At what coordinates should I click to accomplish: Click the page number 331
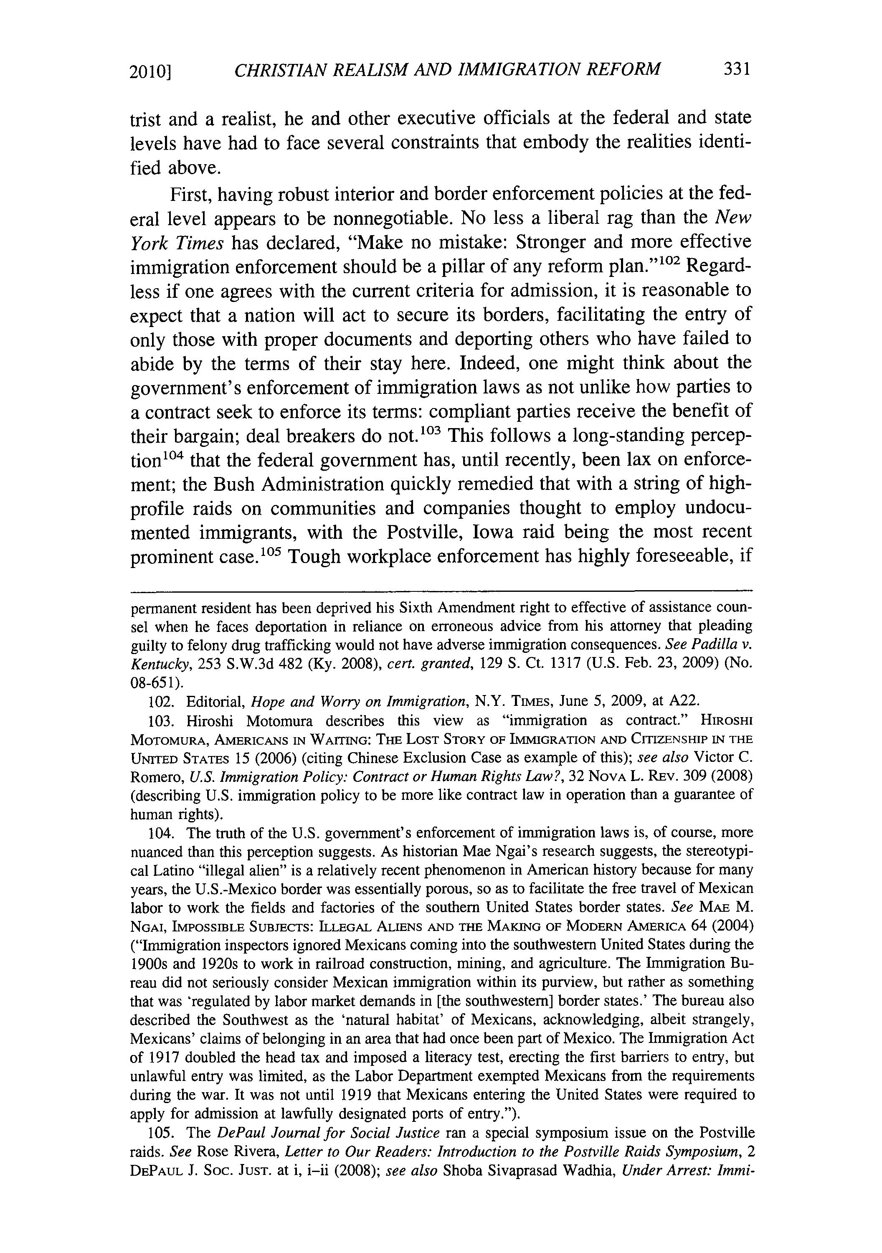tap(737, 69)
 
